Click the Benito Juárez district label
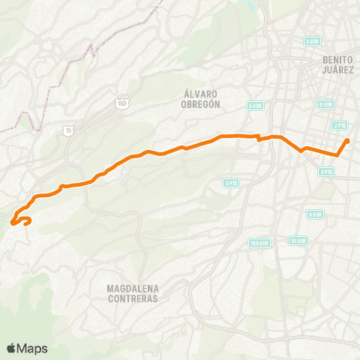pos(337,64)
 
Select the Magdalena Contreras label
pos(133,293)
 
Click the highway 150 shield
pos(122,103)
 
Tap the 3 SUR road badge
pos(313,41)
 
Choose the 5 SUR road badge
pos(255,106)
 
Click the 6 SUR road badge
pos(325,104)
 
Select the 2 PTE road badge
pos(340,125)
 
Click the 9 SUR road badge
pos(316,214)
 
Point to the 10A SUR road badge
pos(259,242)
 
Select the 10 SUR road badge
pos(298,241)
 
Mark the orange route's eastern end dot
pos(347,141)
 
